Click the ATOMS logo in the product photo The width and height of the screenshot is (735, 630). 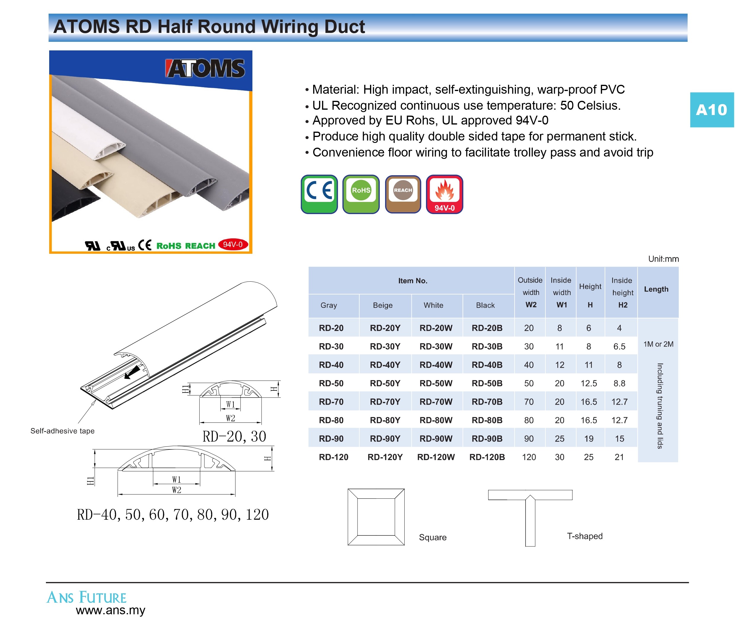click(205, 68)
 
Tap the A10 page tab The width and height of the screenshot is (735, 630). click(712, 110)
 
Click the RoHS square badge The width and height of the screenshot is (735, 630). click(361, 194)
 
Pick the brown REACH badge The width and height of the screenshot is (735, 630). click(403, 194)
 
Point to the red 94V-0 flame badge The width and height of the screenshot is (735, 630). click(444, 194)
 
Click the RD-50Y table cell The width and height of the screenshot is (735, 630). click(385, 383)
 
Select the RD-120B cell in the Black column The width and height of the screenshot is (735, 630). click(487, 457)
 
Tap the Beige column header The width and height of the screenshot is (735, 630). click(383, 305)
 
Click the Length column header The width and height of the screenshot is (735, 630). click(656, 289)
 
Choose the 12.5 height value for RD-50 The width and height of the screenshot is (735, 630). click(589, 383)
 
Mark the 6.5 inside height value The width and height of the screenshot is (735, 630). click(619, 346)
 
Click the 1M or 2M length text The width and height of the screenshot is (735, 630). click(658, 344)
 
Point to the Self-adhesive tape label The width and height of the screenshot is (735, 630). click(63, 431)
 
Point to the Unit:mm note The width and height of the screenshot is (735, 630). click(664, 259)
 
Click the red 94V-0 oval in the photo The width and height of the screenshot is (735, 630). click(233, 245)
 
